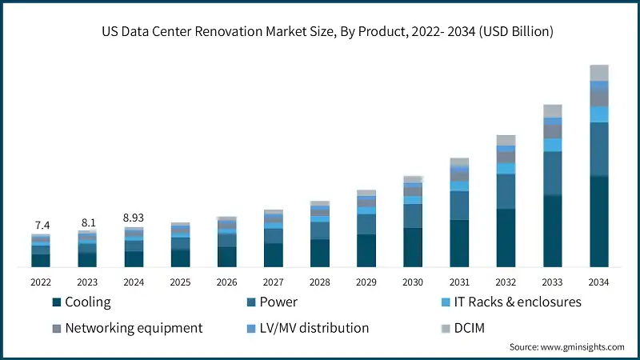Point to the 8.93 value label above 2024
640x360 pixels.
pos(134,218)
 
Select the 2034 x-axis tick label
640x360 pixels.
pos(599,282)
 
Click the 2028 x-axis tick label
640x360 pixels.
pos(320,282)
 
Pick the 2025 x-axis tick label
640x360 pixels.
pos(180,282)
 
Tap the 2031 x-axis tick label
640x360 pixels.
pos(459,282)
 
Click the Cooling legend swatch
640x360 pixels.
pos(56,302)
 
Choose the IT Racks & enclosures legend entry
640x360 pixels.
pos(513,302)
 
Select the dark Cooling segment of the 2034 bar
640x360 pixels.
pos(599,222)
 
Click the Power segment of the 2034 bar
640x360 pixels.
pos(599,149)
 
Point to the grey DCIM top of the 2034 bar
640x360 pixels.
pos(599,73)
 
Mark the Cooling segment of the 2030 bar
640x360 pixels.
pos(413,247)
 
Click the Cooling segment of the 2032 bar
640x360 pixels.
pos(506,238)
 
